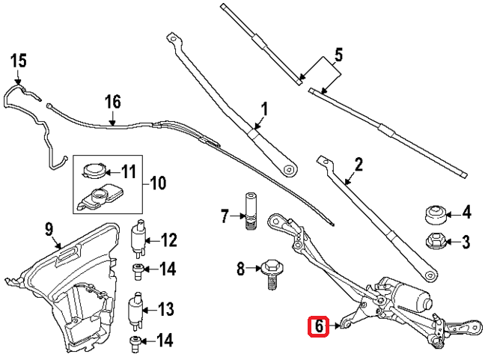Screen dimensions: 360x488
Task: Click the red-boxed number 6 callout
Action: (x=319, y=326)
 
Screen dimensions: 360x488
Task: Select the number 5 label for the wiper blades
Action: (x=338, y=55)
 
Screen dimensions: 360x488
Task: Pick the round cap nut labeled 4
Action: (x=435, y=214)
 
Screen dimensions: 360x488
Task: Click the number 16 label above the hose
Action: (x=112, y=100)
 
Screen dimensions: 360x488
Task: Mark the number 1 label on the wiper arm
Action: (x=263, y=109)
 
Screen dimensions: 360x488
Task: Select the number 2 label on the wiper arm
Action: (x=358, y=164)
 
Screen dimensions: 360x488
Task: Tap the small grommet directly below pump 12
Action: (x=138, y=269)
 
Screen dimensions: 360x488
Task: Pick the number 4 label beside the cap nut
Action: (x=466, y=214)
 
